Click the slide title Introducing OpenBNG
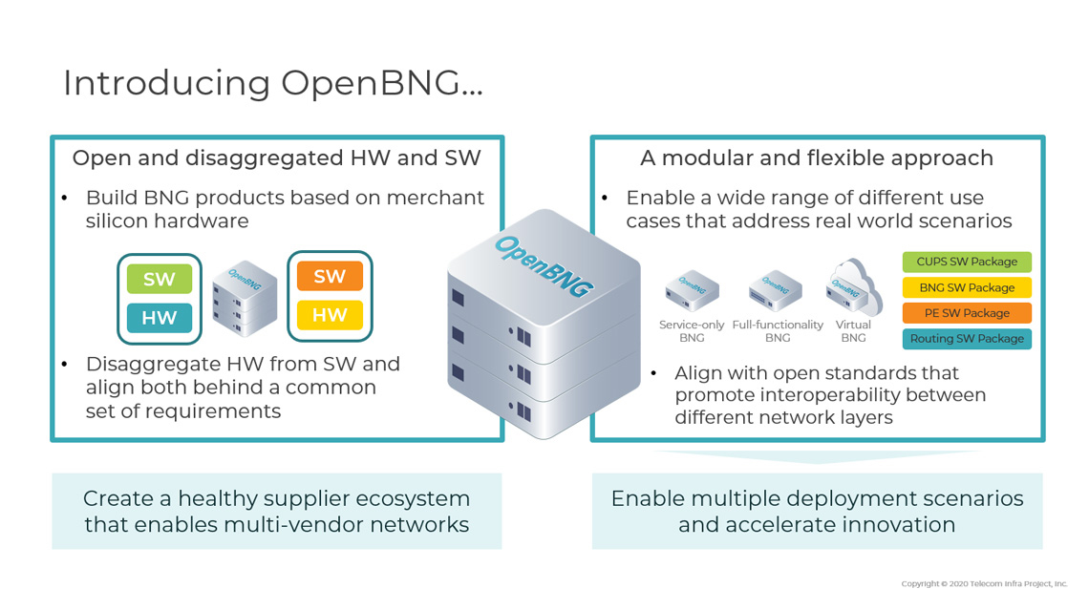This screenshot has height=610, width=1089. coord(272,83)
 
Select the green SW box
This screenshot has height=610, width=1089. coord(160,280)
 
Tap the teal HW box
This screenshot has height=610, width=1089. coord(160,318)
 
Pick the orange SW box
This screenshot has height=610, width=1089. coord(330,276)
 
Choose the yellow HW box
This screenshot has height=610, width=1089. coord(330,314)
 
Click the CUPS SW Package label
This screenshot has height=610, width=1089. coord(967,262)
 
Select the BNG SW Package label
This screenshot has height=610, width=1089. coord(967,287)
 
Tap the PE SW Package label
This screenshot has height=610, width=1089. coord(967,313)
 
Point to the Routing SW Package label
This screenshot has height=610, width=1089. coord(967,339)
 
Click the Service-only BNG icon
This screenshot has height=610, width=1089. coord(693,291)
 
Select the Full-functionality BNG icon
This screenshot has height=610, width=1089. coord(776,291)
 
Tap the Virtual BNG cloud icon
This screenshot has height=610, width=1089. coord(853,287)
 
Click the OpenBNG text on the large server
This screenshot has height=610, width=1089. coord(544,266)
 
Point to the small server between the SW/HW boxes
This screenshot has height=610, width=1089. coord(245,298)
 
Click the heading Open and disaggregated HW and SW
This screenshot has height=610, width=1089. coord(276,158)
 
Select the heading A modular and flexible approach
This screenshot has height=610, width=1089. coord(817,158)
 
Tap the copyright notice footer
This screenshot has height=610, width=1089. coord(984,583)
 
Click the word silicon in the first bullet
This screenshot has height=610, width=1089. coord(118,221)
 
